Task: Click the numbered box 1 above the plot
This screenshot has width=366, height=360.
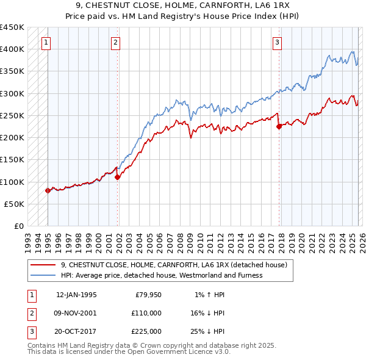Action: tap(46, 42)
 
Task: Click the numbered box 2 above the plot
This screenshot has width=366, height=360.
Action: tap(115, 42)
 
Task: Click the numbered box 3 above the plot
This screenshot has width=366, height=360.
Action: tap(277, 42)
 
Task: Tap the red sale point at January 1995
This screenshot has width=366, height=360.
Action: tap(48, 190)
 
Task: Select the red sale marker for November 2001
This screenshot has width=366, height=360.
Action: tap(118, 177)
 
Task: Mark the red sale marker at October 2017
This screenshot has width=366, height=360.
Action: tap(279, 127)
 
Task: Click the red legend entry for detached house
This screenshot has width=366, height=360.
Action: tap(169, 265)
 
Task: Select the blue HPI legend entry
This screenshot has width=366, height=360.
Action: tap(161, 275)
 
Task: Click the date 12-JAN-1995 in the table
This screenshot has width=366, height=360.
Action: tap(76, 295)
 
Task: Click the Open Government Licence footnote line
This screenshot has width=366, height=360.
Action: tap(129, 352)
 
